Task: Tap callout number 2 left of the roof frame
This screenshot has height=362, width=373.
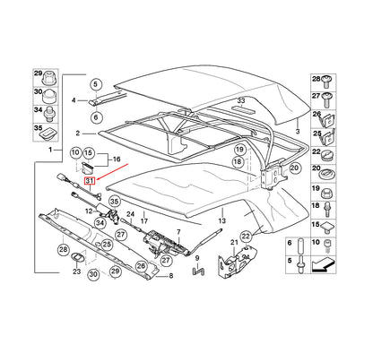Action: coord(79,133)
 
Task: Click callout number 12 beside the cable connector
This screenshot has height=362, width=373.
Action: coord(90,211)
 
